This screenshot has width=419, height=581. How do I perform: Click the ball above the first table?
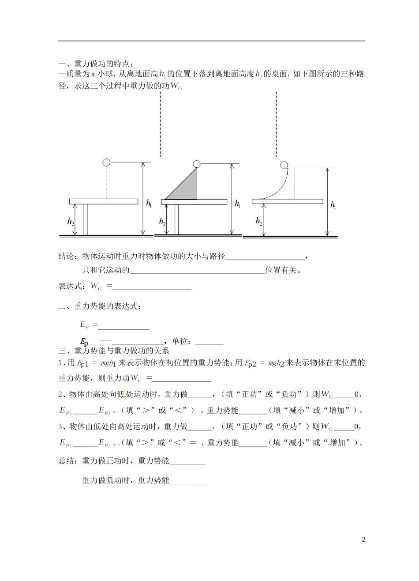pos(106,162)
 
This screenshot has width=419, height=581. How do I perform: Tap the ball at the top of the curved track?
pos(284,166)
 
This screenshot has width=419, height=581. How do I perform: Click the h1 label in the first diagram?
pos(149,204)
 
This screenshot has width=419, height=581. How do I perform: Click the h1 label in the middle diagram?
pos(237,204)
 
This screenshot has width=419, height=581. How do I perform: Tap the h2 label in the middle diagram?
pos(162,222)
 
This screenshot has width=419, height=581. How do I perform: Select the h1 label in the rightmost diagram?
pos(333,205)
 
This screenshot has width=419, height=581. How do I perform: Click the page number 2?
pos(363,539)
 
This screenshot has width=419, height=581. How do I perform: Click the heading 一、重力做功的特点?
pos(95,64)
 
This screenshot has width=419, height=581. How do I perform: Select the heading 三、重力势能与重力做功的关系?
pos(113,351)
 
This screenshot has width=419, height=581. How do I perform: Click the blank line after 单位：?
pos(209,343)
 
